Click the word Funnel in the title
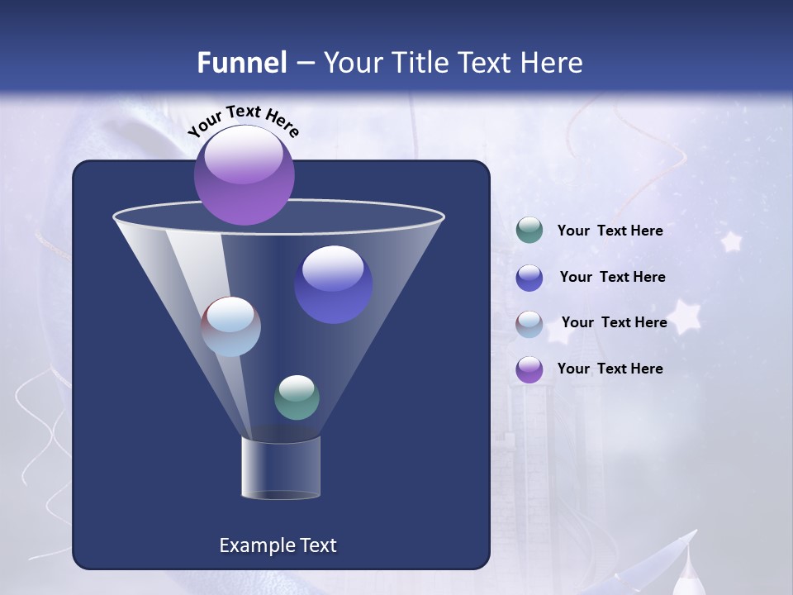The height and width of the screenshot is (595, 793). [241, 63]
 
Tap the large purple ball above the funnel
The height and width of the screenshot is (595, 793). [245, 175]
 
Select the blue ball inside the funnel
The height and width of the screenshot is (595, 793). [334, 284]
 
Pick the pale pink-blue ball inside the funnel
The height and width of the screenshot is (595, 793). [231, 326]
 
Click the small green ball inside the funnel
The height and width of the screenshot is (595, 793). [297, 397]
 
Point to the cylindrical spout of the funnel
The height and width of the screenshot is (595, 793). [281, 468]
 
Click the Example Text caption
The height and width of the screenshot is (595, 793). [278, 545]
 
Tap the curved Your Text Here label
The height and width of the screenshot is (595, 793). [244, 121]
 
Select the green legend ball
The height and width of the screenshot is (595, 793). [529, 231]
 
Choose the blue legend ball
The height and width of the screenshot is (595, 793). [529, 278]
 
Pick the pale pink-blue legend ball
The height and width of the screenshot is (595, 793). [529, 324]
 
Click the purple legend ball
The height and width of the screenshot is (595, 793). [529, 369]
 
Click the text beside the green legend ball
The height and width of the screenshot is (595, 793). [610, 231]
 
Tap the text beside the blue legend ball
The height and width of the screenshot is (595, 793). [612, 278]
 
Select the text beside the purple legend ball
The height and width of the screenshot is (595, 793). [610, 369]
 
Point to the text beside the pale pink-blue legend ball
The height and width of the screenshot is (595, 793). [614, 322]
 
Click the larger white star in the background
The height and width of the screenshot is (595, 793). [684, 317]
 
